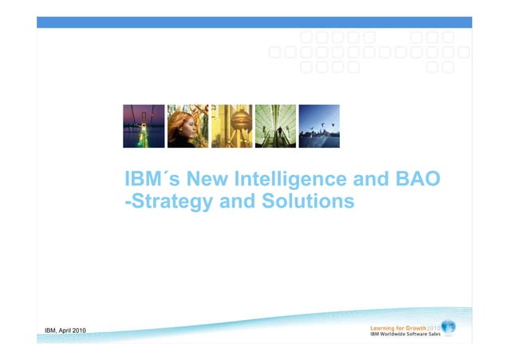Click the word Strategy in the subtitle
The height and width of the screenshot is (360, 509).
pyautogui.click(x=170, y=203)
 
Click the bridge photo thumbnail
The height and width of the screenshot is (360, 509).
pyautogui.click(x=144, y=126)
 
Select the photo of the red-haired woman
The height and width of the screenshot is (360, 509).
pyautogui.click(x=187, y=126)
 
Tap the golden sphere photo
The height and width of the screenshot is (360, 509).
pyautogui.click(x=231, y=126)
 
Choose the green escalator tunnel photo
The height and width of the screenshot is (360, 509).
pyautogui.click(x=275, y=126)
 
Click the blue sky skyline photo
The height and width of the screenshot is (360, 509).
pyautogui.click(x=319, y=126)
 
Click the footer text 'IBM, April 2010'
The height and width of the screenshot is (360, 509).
pyautogui.click(x=66, y=331)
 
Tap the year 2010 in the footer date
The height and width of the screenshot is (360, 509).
pyautogui.click(x=79, y=331)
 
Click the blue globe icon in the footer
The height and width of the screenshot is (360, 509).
pyautogui.click(x=448, y=327)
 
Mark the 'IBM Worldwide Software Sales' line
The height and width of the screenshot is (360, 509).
pyautogui.click(x=404, y=334)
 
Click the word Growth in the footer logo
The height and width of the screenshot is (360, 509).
pyautogui.click(x=413, y=327)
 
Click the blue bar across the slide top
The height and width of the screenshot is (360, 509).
pyautogui.click(x=254, y=22)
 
